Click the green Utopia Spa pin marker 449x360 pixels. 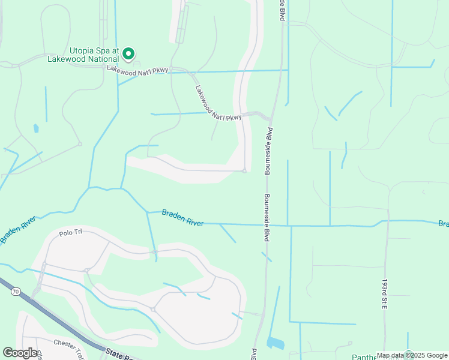[128, 54]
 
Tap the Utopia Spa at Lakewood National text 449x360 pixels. [85, 55]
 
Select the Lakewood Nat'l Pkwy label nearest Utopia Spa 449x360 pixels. [137, 70]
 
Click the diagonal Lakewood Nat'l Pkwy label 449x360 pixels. [218, 103]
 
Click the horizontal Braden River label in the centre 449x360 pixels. [183, 218]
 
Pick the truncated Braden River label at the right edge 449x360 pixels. [443, 224]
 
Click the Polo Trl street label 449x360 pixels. [70, 233]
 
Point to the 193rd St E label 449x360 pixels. [385, 293]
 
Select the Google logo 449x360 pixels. [20, 353]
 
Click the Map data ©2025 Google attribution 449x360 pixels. [412, 355]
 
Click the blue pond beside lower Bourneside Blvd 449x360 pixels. [276, 343]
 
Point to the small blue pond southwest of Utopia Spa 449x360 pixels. [36, 128]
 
